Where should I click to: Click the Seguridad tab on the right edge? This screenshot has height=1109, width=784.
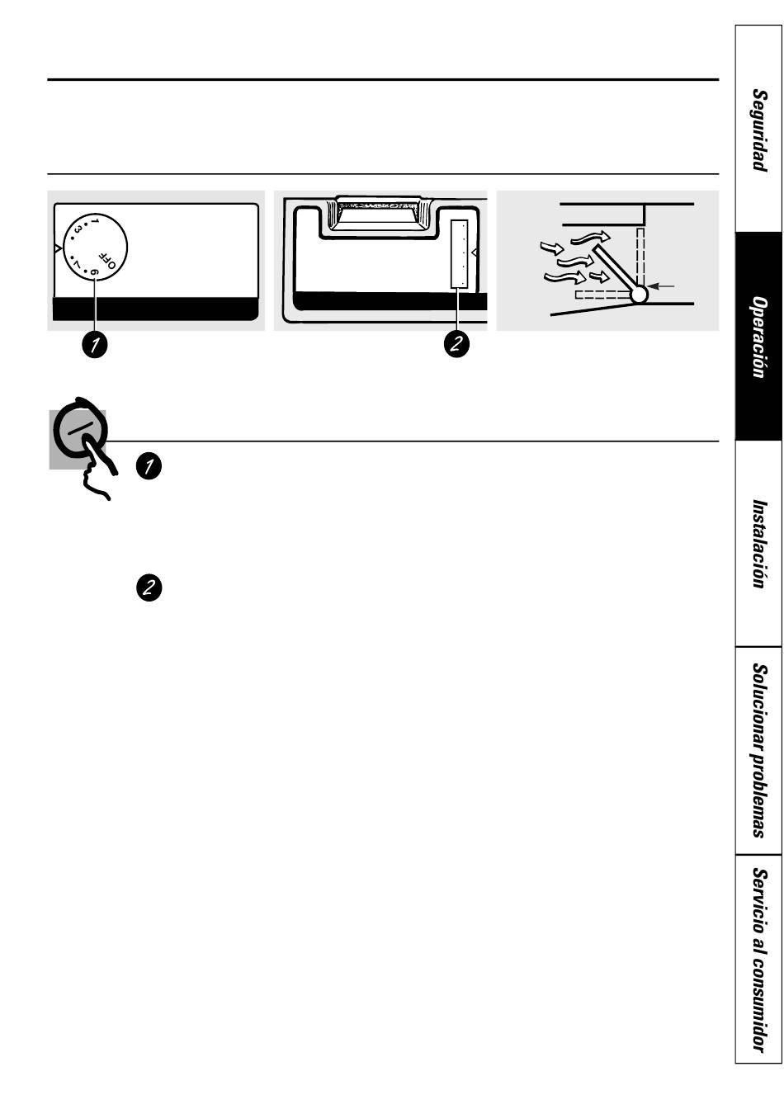[x=758, y=130]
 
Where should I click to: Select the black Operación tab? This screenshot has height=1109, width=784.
[x=758, y=337]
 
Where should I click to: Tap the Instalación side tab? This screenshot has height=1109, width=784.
[x=758, y=543]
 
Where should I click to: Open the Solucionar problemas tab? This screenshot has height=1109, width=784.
[x=758, y=750]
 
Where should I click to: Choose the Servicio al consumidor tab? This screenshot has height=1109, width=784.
[x=758, y=960]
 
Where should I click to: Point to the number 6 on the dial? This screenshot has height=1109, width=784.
[x=94, y=271]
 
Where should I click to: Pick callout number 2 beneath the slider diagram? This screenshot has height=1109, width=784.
[x=456, y=344]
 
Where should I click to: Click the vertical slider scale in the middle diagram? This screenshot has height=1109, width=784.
[x=460, y=254]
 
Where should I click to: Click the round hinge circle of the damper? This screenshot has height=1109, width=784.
[x=639, y=293]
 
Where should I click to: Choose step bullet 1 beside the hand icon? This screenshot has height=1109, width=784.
[x=149, y=466]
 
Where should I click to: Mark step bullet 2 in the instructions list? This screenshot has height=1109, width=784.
[x=149, y=588]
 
